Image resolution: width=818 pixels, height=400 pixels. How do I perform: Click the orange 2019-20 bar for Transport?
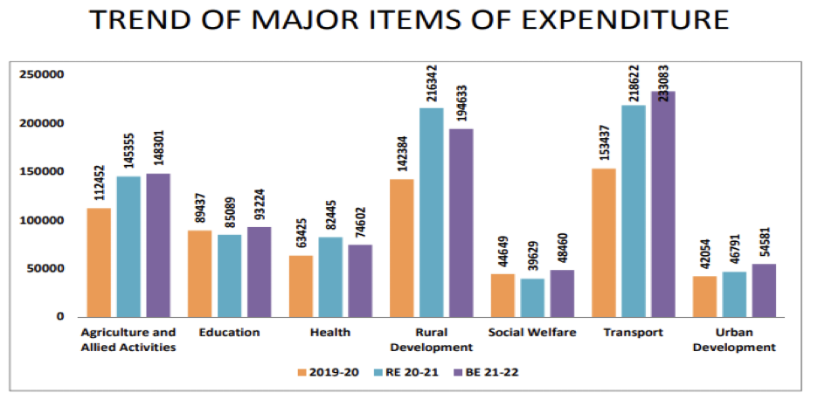point(604,242)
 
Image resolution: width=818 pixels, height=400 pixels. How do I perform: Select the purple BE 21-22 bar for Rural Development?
point(461,223)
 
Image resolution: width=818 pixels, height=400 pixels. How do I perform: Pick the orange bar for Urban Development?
point(704,296)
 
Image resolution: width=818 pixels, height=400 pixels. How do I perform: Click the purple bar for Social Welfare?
point(562,293)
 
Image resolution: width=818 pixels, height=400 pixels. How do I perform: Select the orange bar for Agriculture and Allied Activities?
point(99,262)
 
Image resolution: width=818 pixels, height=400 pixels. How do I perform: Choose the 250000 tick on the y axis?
point(42,74)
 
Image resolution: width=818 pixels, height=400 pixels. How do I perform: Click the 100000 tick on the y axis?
point(42,220)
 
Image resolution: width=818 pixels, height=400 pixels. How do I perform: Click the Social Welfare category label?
point(533,333)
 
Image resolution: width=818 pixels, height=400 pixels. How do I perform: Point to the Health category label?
point(330,333)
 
